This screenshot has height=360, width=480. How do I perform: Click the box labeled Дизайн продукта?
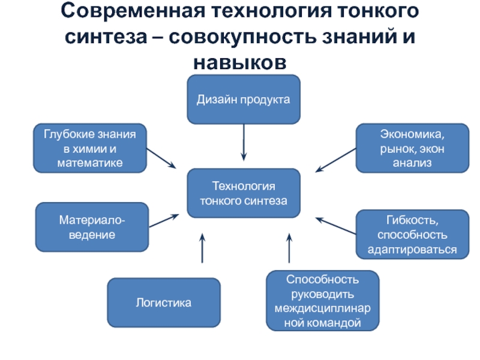244,100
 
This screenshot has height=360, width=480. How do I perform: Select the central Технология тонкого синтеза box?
244,193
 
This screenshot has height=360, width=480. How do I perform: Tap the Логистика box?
163,302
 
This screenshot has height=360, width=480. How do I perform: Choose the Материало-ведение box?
92,227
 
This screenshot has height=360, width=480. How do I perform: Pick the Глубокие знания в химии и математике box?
90,148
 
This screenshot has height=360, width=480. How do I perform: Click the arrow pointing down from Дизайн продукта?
244,142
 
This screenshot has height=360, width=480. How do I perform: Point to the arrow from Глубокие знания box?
161,158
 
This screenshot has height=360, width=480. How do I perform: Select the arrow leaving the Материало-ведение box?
164,220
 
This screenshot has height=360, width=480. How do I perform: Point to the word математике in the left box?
90,163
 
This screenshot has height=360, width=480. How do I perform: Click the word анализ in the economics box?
412,163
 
